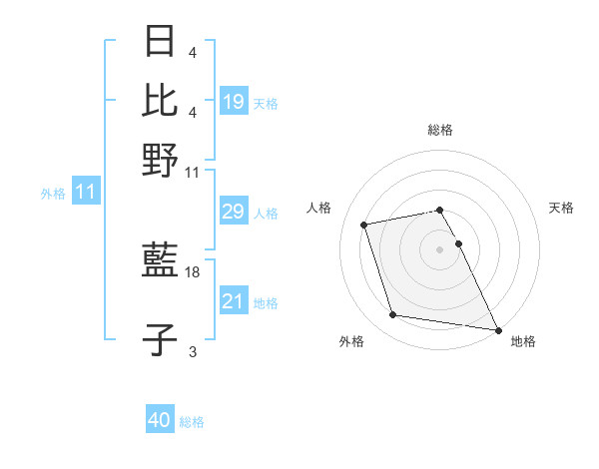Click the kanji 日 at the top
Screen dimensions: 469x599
[161, 43]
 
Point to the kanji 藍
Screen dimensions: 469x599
[161, 261]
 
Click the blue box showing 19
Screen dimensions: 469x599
[234, 101]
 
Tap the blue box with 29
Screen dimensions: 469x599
[234, 212]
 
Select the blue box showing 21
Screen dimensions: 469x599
[234, 301]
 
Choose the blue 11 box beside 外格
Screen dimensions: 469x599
[85, 193]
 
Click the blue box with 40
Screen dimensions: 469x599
[159, 420]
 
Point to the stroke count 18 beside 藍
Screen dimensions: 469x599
[194, 271]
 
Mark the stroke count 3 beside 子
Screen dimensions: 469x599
[193, 351]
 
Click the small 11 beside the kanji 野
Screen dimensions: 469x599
[193, 172]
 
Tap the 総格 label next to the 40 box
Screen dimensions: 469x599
[192, 422]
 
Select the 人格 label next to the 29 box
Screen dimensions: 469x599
[266, 213]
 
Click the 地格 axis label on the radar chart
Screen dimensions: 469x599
[523, 341]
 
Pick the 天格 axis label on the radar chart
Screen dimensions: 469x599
[561, 208]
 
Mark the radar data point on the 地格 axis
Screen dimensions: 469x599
[497, 328]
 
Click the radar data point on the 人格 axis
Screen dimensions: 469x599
[364, 224]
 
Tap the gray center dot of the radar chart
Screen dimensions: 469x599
[440, 248]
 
